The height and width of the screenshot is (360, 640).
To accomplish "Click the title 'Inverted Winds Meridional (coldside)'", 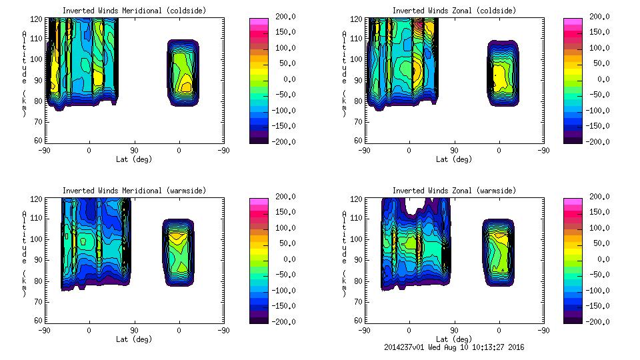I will tap(134, 11).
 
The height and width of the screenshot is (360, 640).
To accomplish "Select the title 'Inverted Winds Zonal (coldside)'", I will tap(453, 11).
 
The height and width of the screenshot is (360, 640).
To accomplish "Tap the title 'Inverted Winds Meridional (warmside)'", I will tap(134, 191).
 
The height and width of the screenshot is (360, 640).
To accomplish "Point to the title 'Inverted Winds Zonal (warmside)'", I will tap(453, 191).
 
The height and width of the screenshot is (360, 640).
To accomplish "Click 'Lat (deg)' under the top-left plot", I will tap(134, 159).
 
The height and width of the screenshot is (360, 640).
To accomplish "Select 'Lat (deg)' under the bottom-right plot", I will tap(453, 339).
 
